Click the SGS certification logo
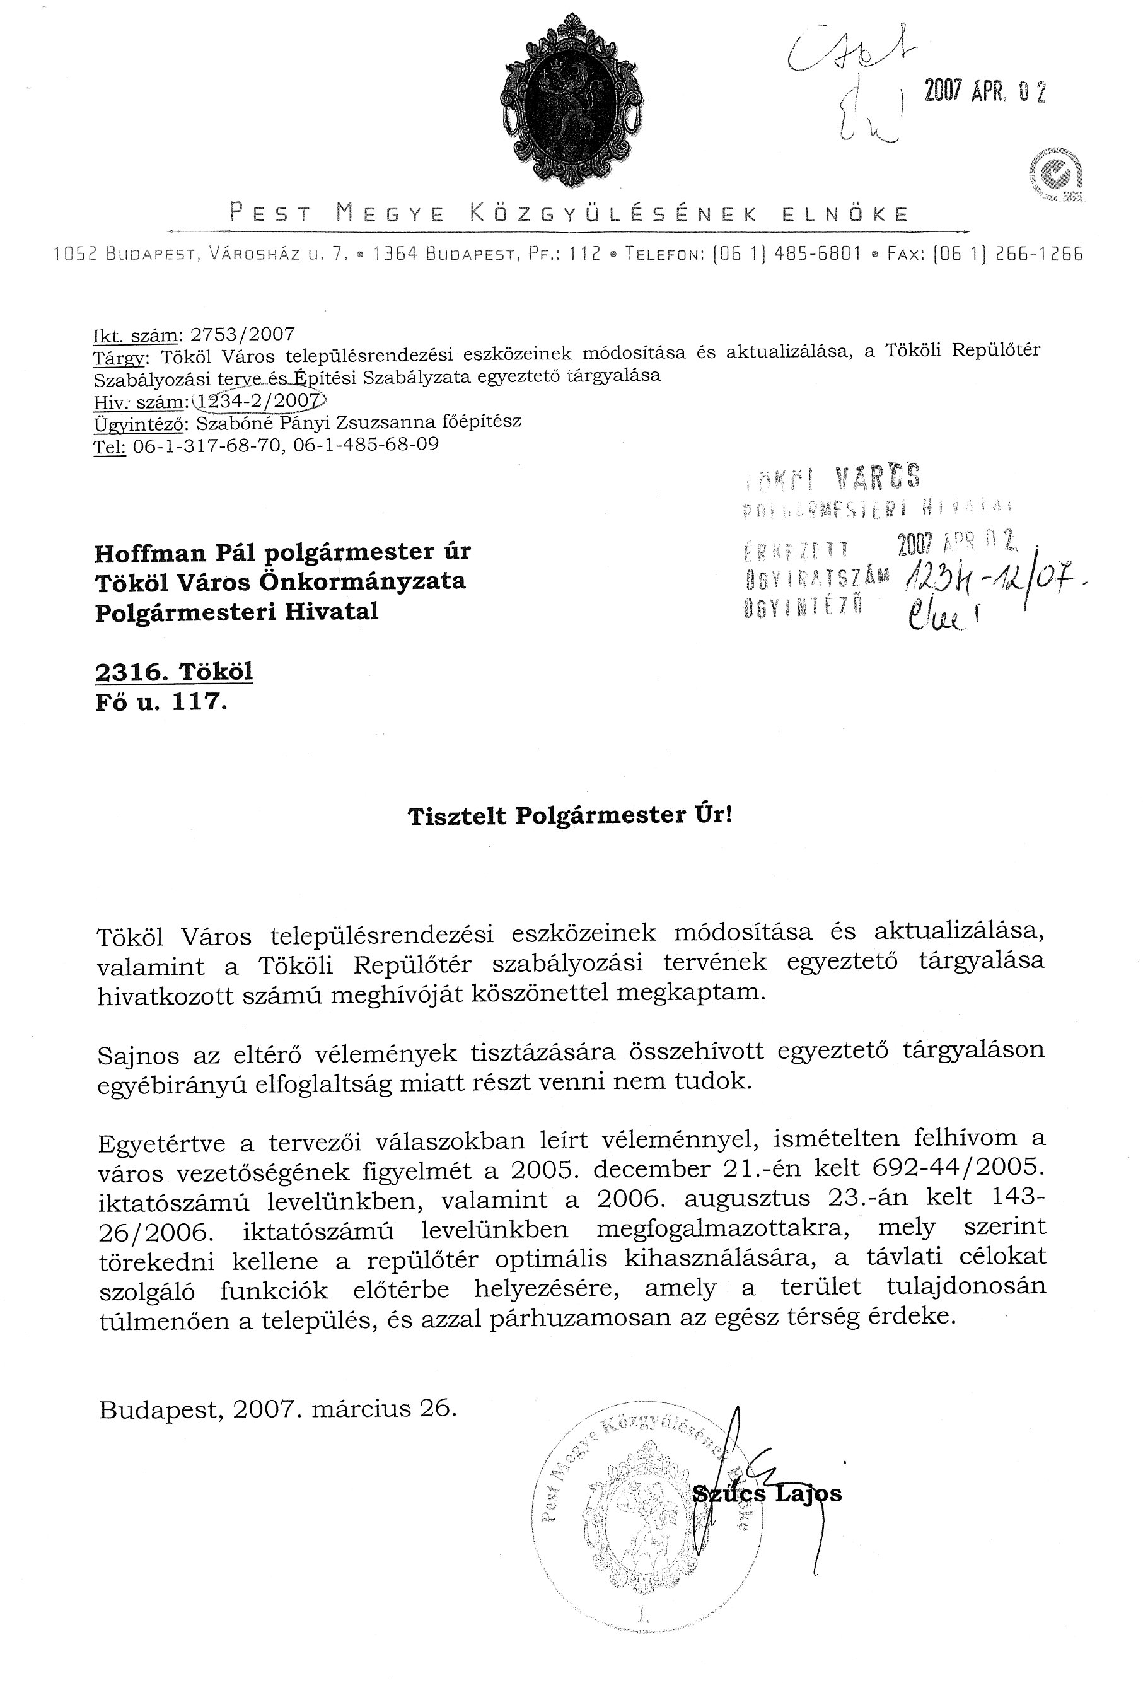tap(1056, 175)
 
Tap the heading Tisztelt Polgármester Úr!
tap(571, 816)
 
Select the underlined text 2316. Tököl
tap(174, 672)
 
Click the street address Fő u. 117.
tap(161, 702)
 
